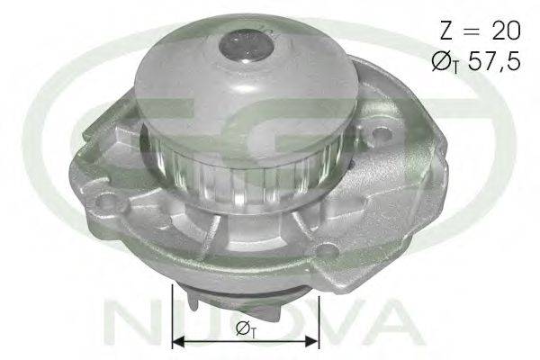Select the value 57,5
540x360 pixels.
point(495,62)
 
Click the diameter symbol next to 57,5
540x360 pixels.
point(442,62)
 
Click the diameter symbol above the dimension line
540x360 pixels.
point(242,328)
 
